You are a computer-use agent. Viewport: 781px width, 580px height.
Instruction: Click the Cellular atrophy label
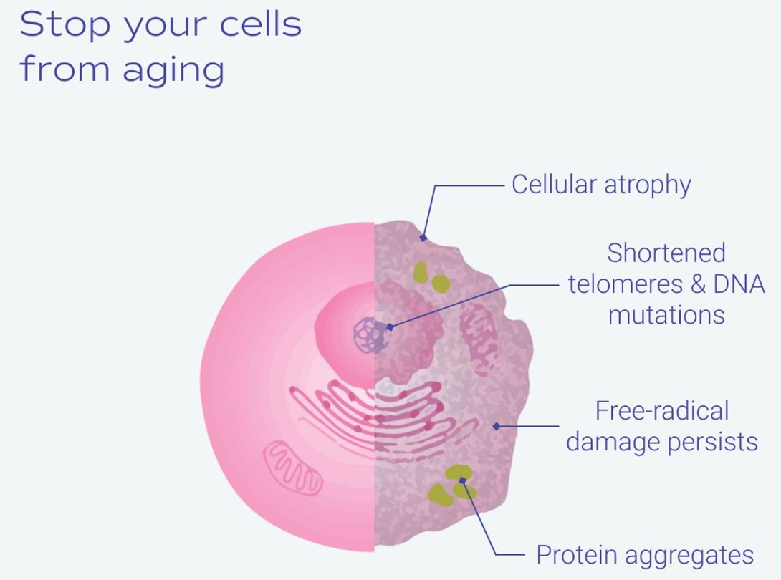601,185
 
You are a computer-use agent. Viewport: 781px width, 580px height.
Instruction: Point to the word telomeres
626,284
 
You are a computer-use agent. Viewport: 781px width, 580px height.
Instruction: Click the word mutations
666,315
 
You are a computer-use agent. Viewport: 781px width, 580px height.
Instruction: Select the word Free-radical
662,411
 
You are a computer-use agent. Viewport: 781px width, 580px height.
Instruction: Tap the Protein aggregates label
645,555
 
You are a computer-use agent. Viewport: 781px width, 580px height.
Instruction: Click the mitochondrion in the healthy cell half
293,468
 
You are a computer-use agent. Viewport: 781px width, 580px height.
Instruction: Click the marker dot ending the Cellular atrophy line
423,238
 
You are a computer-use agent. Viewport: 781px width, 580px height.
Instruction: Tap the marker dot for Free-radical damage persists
496,426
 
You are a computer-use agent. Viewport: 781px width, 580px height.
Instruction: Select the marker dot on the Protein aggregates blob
462,480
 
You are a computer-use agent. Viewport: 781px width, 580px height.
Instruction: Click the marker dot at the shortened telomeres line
390,327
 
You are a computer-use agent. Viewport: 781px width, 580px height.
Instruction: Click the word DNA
739,284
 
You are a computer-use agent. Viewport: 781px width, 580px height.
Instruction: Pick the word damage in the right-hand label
614,442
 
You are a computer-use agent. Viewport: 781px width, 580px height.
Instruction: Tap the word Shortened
666,253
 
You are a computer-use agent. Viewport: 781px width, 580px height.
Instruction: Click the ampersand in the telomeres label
699,284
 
